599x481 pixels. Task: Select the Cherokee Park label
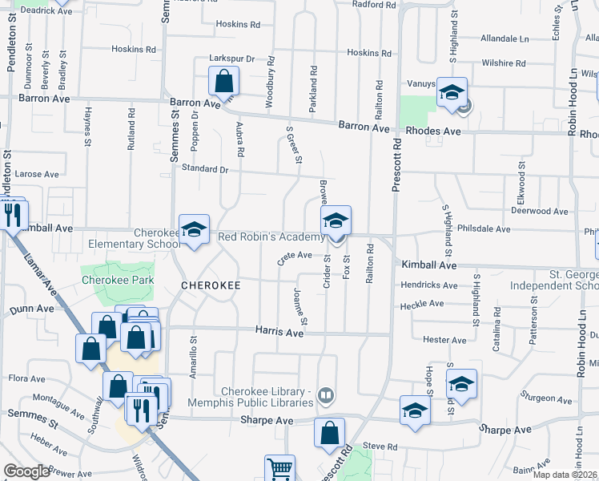(117, 281)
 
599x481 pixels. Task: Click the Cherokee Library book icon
(325, 394)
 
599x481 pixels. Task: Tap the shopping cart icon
(279, 468)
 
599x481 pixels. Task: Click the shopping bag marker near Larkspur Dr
(223, 82)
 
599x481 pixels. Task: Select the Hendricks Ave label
(433, 285)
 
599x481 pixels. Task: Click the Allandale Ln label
(505, 38)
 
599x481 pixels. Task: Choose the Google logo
(26, 471)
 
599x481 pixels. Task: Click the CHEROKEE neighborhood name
(211, 285)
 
